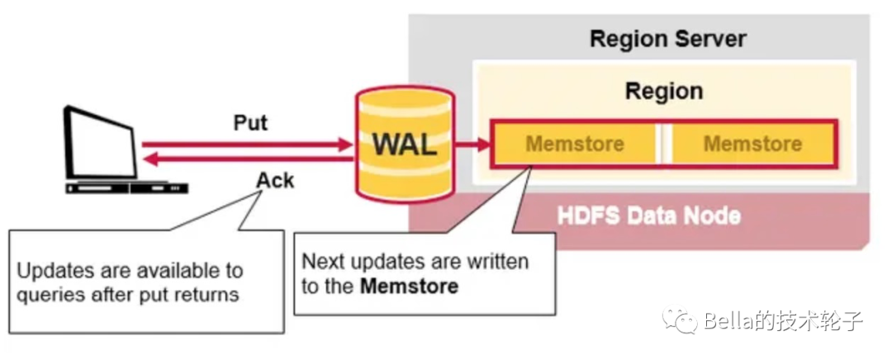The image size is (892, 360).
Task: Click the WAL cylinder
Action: click(x=404, y=144)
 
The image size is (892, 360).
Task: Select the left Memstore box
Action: click(x=575, y=144)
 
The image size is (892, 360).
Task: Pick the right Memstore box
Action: click(x=752, y=144)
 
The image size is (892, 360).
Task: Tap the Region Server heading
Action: click(x=667, y=39)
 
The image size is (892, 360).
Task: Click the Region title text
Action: click(x=664, y=90)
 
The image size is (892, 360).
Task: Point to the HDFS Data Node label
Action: click(x=649, y=216)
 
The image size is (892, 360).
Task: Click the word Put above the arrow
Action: click(x=250, y=123)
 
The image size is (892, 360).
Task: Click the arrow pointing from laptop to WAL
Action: click(x=248, y=144)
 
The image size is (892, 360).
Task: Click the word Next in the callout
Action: click(x=320, y=263)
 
